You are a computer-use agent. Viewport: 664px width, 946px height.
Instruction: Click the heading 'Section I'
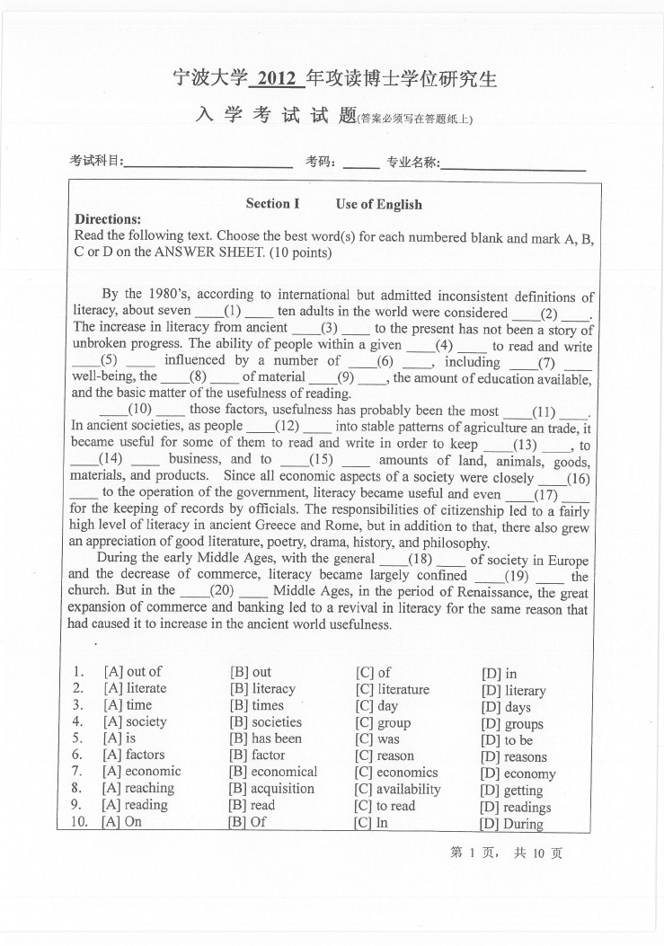pyautogui.click(x=272, y=204)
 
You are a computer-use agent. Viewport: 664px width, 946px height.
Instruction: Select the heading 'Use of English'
pyautogui.click(x=378, y=205)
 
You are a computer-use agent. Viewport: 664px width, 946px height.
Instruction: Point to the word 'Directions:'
pyautogui.click(x=108, y=220)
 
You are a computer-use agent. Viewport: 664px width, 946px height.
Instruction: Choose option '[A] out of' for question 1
pyautogui.click(x=132, y=671)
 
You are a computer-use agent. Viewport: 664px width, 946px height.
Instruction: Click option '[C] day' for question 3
pyautogui.click(x=376, y=705)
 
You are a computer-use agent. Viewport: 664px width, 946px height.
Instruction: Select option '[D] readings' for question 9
pyautogui.click(x=516, y=807)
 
